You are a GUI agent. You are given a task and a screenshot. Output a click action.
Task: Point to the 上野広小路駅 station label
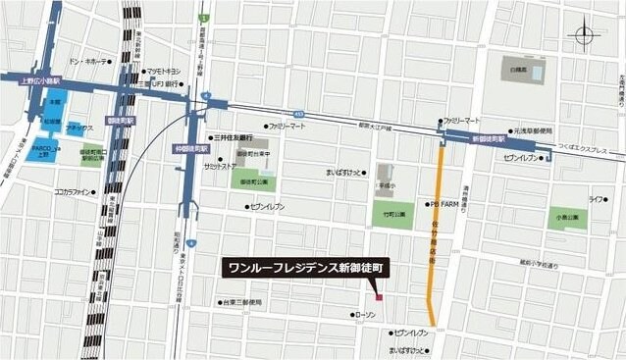[x=40, y=81]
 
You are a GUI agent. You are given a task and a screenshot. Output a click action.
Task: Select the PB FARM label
[x=443, y=205]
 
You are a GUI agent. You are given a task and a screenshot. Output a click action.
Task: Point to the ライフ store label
[x=595, y=199]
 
